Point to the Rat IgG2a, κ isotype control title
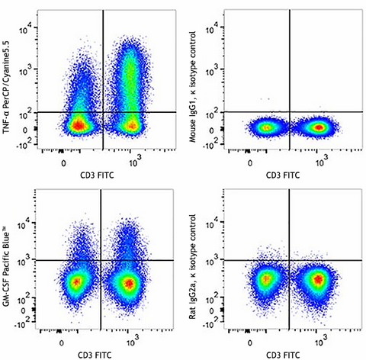point(196,267)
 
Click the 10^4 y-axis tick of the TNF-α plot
point(24,29)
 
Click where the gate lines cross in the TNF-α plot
point(103,112)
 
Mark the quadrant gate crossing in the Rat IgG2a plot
point(289,260)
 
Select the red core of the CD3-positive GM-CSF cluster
point(130,284)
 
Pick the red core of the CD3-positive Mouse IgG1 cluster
point(316,126)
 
